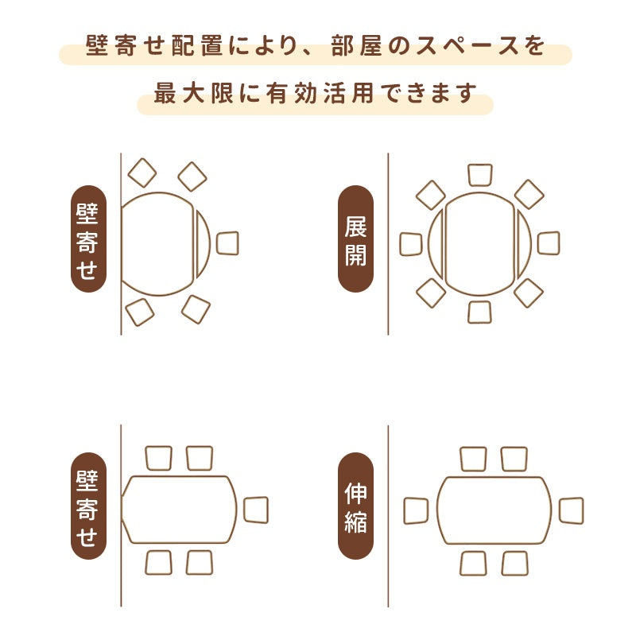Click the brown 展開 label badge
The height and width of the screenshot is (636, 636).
click(355, 238)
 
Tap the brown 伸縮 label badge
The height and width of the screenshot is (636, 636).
click(355, 506)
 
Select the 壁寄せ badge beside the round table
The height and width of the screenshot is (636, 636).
click(88, 238)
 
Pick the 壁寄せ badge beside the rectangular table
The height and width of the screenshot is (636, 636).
click(88, 506)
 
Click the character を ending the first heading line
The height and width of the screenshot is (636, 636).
click(535, 46)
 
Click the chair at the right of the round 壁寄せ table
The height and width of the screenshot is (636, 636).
click(227, 243)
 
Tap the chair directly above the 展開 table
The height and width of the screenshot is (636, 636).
click(480, 175)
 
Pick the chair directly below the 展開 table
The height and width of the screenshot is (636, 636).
click(480, 312)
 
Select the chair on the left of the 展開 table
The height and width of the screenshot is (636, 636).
click(411, 244)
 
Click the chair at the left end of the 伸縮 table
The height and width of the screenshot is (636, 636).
click(416, 510)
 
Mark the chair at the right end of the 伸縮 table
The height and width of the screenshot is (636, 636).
click(571, 510)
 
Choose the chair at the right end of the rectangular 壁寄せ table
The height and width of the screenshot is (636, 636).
click(256, 510)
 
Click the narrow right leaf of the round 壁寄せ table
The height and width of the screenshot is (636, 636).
click(203, 244)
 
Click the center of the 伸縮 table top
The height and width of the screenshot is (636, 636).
click(494, 510)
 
